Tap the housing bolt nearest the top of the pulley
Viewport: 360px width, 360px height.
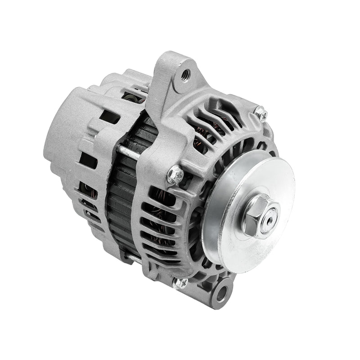[261, 112]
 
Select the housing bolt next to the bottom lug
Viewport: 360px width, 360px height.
[182, 283]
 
